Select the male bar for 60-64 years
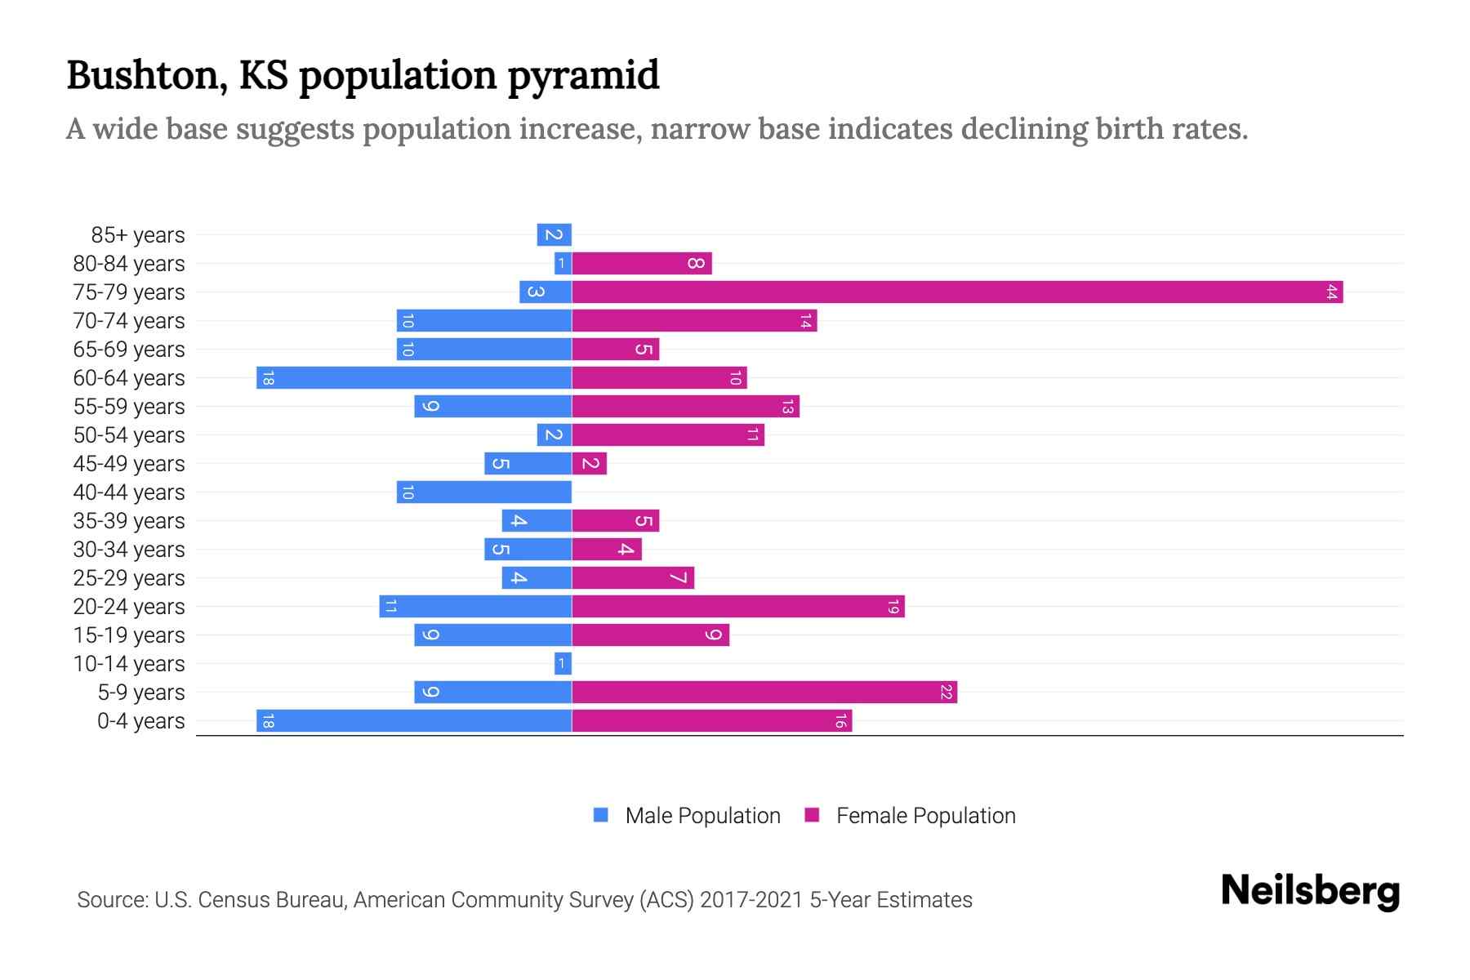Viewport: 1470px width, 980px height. click(414, 377)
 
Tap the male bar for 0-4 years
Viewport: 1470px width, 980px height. click(414, 720)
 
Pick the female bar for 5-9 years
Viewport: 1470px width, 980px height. click(764, 692)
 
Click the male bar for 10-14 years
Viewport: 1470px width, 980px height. click(563, 663)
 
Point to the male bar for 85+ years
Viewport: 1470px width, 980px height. click(554, 234)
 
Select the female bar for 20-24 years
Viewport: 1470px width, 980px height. click(738, 606)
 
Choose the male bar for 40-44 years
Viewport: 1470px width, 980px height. click(484, 492)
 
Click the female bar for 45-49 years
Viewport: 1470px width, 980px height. click(590, 463)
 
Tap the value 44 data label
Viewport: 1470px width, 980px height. click(1331, 292)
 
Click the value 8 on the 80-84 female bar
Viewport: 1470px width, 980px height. click(695, 263)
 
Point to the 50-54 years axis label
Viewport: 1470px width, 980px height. click(129, 434)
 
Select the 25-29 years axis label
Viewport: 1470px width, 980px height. click(129, 577)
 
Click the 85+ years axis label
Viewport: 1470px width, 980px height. click(138, 234)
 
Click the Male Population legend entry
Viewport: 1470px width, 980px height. click(702, 815)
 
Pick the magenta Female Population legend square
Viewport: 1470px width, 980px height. click(812, 815)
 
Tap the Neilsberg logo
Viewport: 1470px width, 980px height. click(1310, 891)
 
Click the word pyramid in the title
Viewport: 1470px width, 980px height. click(583, 75)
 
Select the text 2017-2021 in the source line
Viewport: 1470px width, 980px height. click(751, 899)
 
